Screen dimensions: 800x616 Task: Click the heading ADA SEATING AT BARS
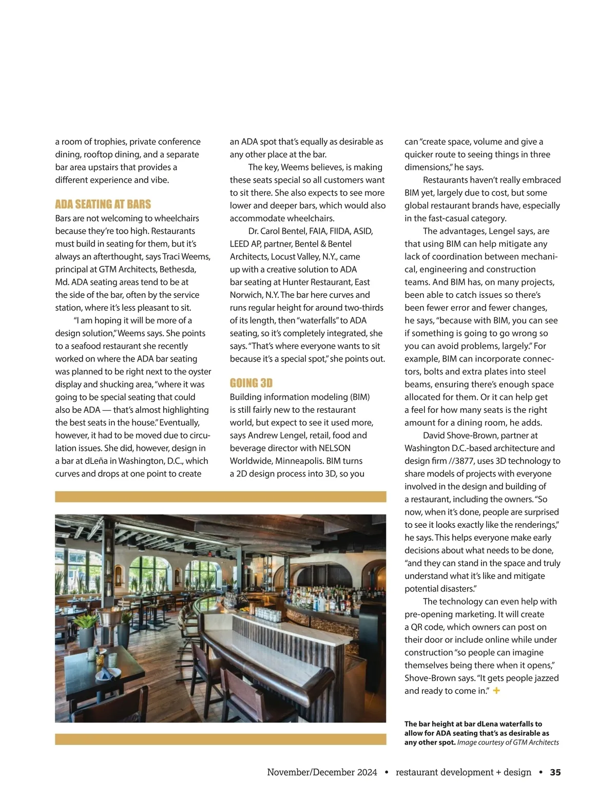[x=103, y=204]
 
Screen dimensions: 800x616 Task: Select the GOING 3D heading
[x=251, y=383]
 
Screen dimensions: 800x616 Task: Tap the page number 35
[x=555, y=772]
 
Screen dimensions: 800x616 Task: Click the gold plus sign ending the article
[x=496, y=691]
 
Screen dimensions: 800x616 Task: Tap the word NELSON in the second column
[x=335, y=448]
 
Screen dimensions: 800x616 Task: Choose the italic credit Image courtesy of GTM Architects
[x=508, y=742]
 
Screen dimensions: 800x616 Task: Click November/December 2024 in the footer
[x=322, y=772]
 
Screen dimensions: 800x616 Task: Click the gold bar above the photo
[x=220, y=497]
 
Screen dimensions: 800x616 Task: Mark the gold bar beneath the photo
[x=220, y=739]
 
